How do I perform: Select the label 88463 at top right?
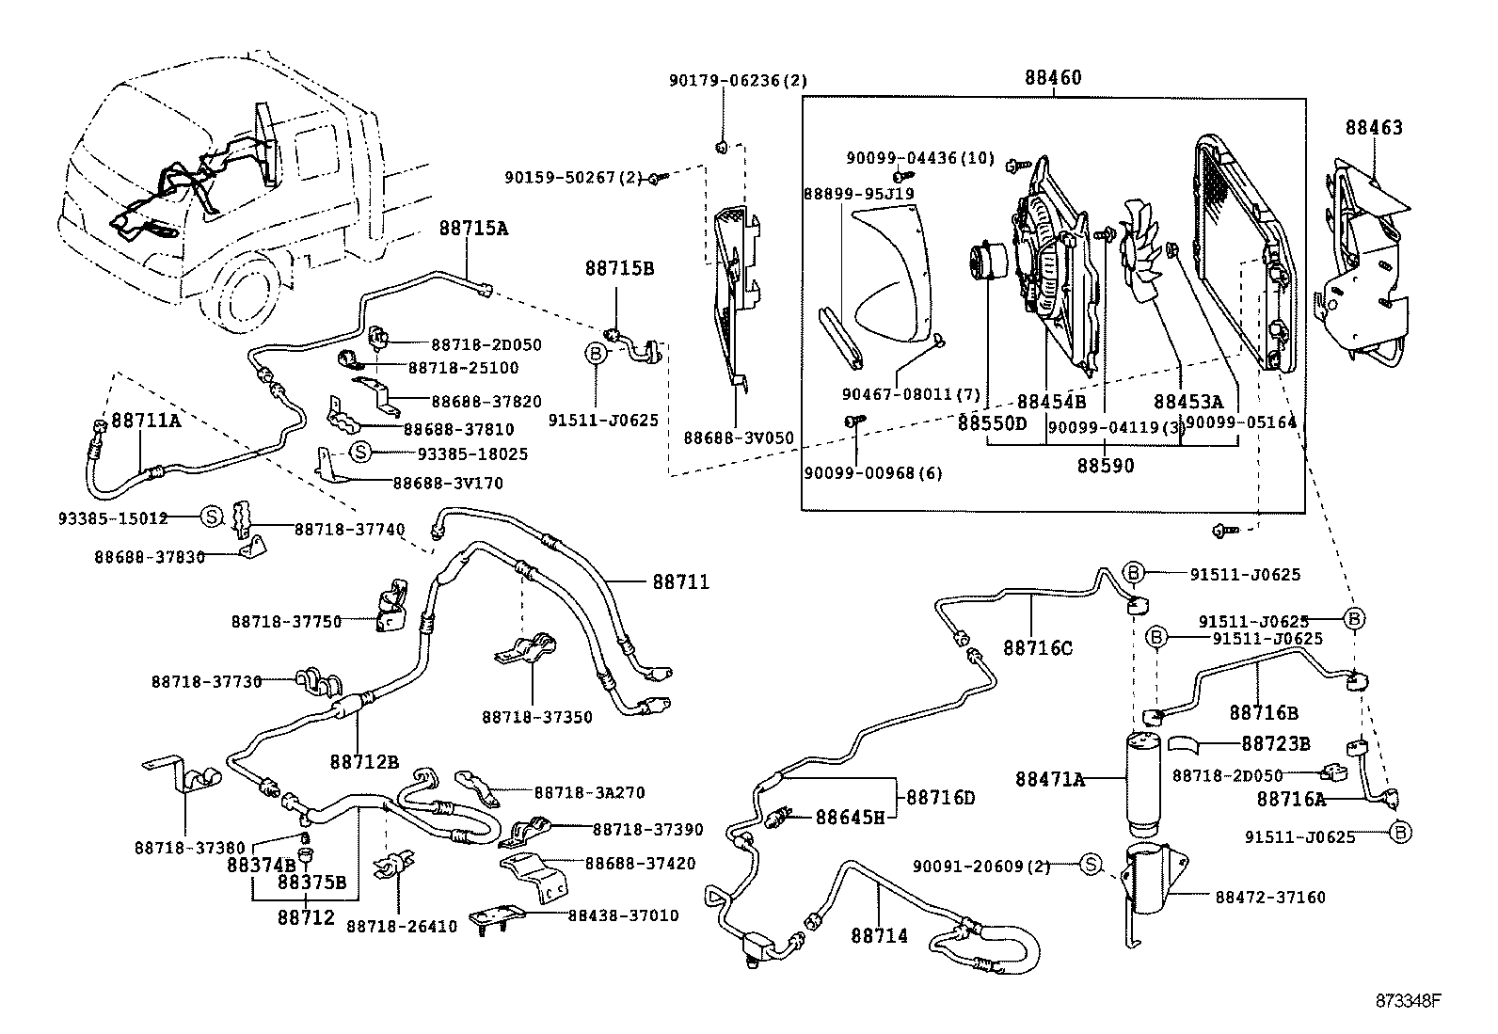(1373, 128)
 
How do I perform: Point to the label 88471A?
(1049, 779)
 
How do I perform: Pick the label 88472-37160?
(1269, 898)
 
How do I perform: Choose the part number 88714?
(879, 935)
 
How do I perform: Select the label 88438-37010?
(623, 915)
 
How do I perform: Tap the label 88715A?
(472, 228)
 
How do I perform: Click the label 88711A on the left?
(146, 421)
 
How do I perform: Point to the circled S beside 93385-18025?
(359, 453)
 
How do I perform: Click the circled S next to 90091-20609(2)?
(1090, 864)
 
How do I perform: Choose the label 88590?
(1106, 465)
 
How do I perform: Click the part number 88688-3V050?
(738, 437)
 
